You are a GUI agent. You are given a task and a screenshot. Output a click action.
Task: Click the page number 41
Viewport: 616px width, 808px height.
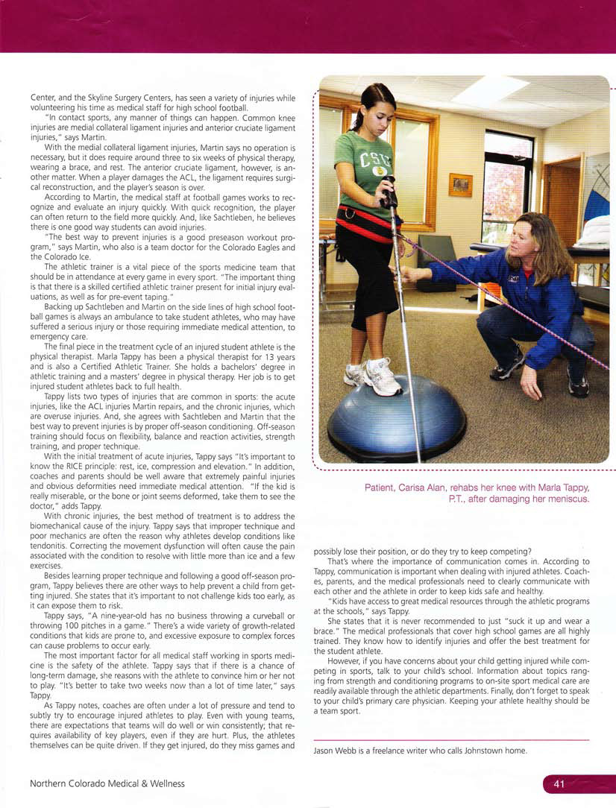[559, 783]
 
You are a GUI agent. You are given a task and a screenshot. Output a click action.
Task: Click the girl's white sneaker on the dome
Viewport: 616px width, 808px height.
[382, 376]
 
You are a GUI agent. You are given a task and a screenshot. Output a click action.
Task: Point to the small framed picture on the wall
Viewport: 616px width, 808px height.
[460, 184]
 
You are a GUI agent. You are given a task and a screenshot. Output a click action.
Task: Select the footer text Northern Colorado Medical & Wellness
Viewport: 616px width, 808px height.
[107, 783]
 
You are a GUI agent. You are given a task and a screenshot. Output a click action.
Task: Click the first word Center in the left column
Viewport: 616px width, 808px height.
[43, 98]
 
